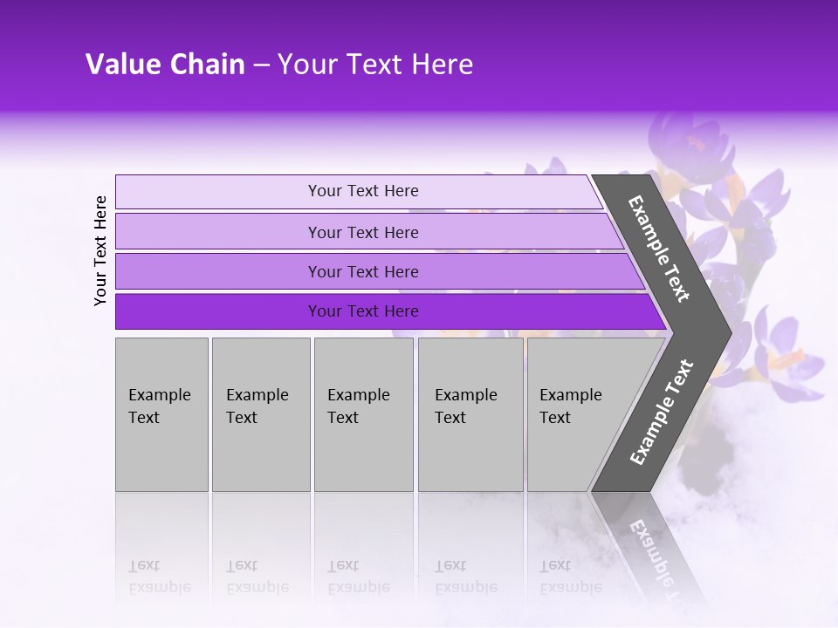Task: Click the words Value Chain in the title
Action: [x=165, y=65]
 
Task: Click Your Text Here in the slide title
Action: [x=375, y=65]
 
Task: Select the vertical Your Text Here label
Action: [x=100, y=250]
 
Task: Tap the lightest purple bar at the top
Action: [x=362, y=191]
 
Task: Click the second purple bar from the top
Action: [x=362, y=232]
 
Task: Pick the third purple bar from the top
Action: [x=362, y=271]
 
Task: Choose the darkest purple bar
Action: [x=362, y=311]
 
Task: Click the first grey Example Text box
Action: [x=161, y=414]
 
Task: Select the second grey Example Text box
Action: [x=260, y=414]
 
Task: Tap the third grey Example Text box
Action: [x=363, y=414]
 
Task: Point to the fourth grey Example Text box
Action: [x=470, y=414]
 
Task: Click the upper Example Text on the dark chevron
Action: [x=659, y=249]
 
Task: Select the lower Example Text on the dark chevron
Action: [x=661, y=412]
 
